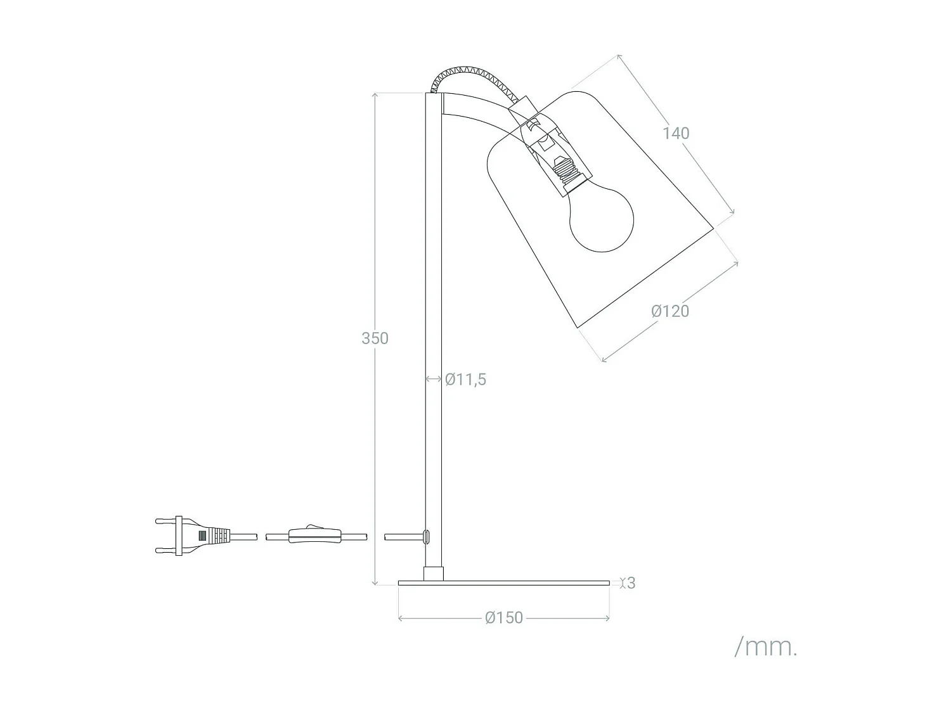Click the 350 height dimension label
click(375, 338)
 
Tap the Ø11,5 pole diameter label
click(465, 380)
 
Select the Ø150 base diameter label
click(504, 617)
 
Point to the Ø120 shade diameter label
click(670, 311)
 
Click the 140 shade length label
click(676, 133)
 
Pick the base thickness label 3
click(630, 583)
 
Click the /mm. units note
click(765, 647)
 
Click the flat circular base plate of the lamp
click(503, 582)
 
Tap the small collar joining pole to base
click(433, 574)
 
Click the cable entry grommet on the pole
click(427, 536)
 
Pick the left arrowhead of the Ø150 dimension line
click(401, 617)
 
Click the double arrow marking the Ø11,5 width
click(433, 379)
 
